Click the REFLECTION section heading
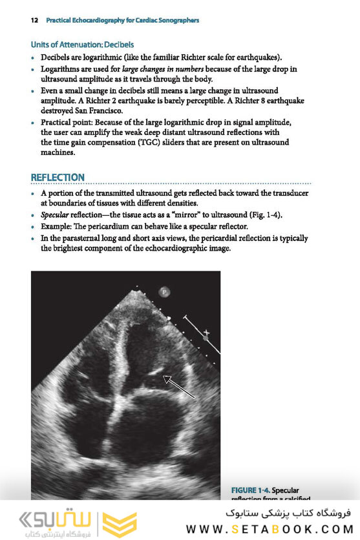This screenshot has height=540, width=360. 58,177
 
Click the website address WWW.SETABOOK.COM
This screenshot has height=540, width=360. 279,529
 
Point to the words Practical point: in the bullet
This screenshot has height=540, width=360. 69,123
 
